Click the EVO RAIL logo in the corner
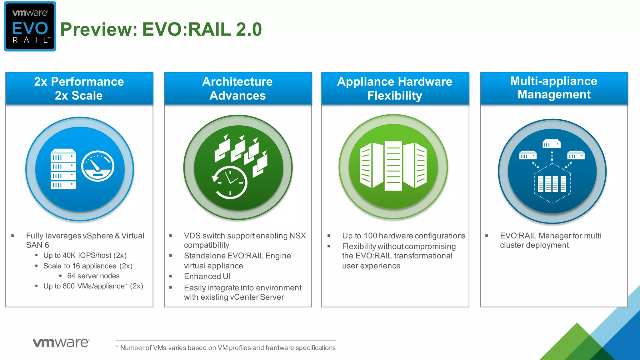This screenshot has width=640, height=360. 30,27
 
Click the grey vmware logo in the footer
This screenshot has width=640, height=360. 61,342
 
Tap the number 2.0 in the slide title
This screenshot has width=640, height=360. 249,30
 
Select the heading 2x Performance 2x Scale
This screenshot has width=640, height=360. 79,88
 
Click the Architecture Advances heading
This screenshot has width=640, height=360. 237,88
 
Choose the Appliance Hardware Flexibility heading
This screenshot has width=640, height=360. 395,88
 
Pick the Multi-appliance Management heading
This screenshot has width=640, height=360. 554,88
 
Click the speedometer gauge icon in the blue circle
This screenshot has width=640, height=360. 98,166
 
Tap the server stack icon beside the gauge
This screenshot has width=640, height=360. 63,169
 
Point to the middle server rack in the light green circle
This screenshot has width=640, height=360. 393,166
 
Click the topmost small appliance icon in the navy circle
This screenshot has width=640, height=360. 552,144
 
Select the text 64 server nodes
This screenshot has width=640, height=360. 93,276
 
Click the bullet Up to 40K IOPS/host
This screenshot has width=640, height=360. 85,255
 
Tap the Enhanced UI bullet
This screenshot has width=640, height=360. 207,277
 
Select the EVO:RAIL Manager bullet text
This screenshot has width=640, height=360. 550,240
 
